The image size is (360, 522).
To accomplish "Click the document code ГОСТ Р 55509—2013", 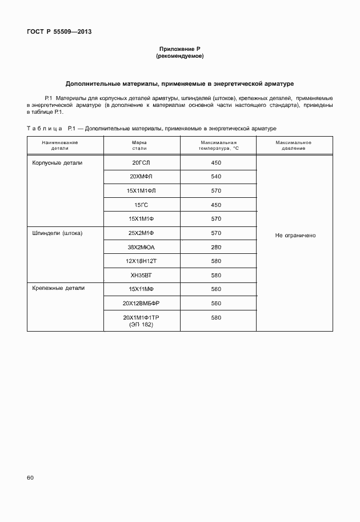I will click(x=59, y=32).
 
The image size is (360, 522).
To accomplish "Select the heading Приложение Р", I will click(x=179, y=50).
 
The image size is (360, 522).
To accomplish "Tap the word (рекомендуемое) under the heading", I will click(x=179, y=57).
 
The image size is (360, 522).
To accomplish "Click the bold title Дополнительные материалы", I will click(x=179, y=83).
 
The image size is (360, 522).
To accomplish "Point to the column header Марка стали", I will click(x=139, y=145).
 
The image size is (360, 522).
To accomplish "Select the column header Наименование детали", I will click(x=64, y=145).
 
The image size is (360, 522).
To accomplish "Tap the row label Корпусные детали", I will click(x=57, y=163).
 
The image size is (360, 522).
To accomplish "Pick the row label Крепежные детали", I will click(x=58, y=288).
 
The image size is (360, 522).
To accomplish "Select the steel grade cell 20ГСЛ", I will click(x=141, y=163).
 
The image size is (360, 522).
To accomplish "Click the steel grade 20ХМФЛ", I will click(x=141, y=177).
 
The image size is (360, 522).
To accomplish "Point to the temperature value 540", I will click(x=216, y=177).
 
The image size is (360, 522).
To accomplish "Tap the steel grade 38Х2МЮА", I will click(x=141, y=247).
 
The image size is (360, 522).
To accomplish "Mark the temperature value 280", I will click(x=216, y=247).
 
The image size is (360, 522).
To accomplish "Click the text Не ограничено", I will click(x=295, y=235).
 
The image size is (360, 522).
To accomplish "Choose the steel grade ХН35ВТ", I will click(x=141, y=275).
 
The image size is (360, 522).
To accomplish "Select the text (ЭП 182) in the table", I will click(x=141, y=324).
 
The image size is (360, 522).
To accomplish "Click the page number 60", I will click(x=30, y=476).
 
